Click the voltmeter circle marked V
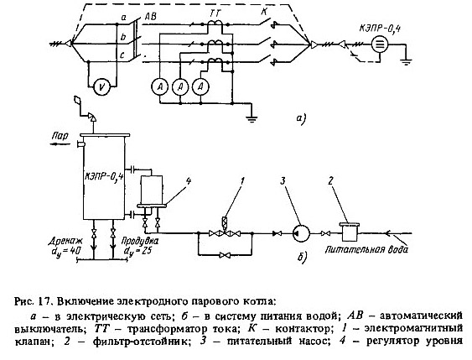(x=102, y=87)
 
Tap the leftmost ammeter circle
(x=160, y=87)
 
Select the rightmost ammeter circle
(x=200, y=87)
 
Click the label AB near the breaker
(x=150, y=16)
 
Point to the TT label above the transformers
(x=215, y=13)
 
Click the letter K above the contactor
(x=264, y=12)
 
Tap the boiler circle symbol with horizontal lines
(x=380, y=44)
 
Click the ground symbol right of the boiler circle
(x=406, y=62)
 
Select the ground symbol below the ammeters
(x=252, y=118)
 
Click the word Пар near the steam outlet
(x=60, y=136)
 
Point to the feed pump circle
(x=301, y=233)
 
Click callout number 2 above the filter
(x=331, y=180)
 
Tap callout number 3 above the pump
(x=283, y=180)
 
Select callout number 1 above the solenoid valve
(x=242, y=180)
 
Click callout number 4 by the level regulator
(x=188, y=180)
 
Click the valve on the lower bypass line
(x=225, y=255)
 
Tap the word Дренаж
(x=64, y=241)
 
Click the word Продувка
(x=140, y=241)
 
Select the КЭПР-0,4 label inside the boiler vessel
(x=104, y=176)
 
